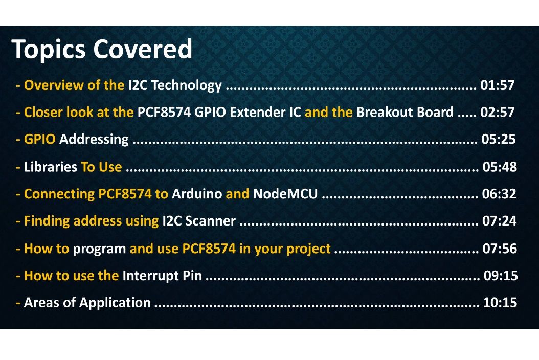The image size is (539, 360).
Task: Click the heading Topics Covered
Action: (x=102, y=50)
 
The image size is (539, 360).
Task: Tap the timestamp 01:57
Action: (x=497, y=85)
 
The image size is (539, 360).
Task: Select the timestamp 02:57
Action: (x=497, y=112)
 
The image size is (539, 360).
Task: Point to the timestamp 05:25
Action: (x=499, y=139)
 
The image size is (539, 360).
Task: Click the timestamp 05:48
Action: (x=500, y=167)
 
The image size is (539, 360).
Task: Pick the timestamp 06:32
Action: (x=500, y=194)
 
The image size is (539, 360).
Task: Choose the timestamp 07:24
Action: (x=500, y=221)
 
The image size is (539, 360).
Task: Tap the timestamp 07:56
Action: (x=500, y=249)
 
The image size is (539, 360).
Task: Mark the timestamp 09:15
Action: (x=501, y=276)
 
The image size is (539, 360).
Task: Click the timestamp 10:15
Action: (x=500, y=303)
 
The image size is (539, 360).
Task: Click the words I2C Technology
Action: (x=175, y=85)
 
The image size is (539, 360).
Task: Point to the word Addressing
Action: (x=94, y=139)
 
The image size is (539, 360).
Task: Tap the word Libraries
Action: (x=51, y=167)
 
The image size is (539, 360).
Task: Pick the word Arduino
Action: (x=197, y=194)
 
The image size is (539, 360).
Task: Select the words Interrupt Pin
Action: (x=162, y=276)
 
